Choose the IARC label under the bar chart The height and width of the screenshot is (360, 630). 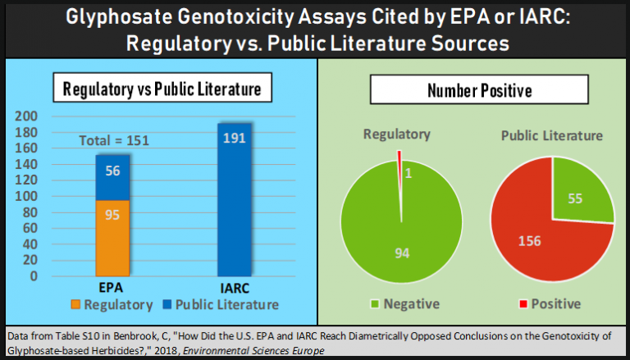click(235, 289)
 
